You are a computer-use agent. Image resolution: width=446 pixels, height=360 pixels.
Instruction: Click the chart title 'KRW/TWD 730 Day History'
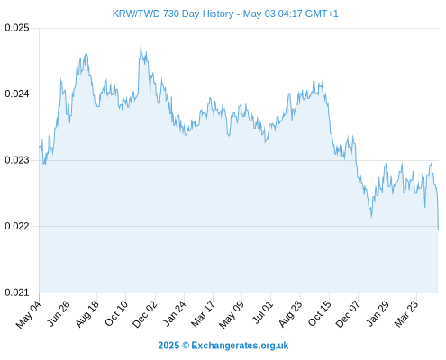click(x=173, y=13)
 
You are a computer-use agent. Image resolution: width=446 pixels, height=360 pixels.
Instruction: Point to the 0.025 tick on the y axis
click(x=17, y=28)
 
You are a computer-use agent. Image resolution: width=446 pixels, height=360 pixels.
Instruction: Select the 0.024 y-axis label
click(x=17, y=94)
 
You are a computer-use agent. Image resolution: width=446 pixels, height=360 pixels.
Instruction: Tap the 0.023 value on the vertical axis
click(x=17, y=160)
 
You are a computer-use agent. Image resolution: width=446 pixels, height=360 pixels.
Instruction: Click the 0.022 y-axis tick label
click(x=17, y=226)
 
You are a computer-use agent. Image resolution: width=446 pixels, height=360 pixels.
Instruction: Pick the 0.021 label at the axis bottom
click(x=17, y=292)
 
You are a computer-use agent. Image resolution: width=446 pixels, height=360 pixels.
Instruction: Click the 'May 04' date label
click(x=29, y=314)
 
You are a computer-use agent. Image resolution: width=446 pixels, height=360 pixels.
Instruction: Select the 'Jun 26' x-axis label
click(x=59, y=313)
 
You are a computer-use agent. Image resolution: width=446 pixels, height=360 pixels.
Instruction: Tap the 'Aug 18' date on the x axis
click(x=87, y=314)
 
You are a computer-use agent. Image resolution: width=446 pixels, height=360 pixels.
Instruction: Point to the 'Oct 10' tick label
click(x=116, y=313)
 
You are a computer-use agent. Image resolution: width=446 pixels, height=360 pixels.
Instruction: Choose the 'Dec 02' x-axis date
click(x=145, y=314)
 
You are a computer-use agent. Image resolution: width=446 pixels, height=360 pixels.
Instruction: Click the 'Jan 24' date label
click(x=175, y=313)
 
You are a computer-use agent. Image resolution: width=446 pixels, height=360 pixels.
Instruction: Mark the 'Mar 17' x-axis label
click(x=203, y=314)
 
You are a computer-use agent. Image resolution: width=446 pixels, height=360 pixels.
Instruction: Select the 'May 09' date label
click(x=232, y=314)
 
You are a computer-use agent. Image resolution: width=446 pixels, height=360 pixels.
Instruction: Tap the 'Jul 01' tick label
click(x=263, y=312)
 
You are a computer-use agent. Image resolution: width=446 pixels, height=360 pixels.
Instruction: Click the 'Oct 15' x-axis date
click(x=320, y=313)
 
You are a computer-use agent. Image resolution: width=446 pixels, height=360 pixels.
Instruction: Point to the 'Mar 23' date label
click(x=406, y=314)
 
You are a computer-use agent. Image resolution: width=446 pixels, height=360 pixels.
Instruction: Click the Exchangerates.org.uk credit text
click(x=223, y=346)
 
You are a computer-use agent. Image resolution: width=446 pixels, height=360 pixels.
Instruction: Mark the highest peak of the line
click(x=141, y=45)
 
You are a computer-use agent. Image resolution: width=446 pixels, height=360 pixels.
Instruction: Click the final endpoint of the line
click(x=438, y=229)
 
